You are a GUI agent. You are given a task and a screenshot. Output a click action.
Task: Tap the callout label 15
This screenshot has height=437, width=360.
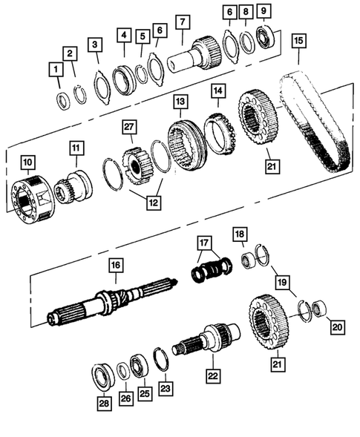click(x=299, y=40)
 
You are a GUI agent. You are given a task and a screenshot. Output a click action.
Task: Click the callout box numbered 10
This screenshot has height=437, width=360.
click(x=27, y=161)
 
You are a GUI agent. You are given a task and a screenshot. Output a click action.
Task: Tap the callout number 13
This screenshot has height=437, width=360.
click(x=179, y=100)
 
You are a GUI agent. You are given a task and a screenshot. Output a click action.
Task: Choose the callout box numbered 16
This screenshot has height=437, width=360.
click(x=115, y=264)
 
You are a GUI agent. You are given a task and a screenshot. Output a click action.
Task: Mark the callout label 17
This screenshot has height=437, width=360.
click(x=205, y=242)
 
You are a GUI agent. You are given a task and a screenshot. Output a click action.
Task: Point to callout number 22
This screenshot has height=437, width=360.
click(x=213, y=377)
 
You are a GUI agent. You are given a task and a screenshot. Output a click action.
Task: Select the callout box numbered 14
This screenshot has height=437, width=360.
click(x=217, y=91)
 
